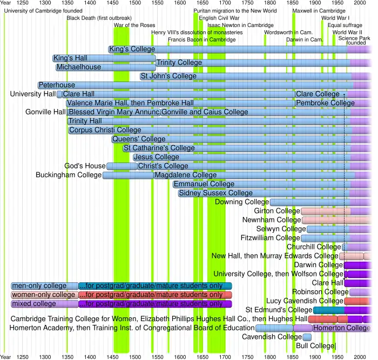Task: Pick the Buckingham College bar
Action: tap(127, 175)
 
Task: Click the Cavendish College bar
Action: tap(307, 337)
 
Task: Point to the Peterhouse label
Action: tap(56, 85)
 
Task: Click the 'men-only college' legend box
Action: tap(44, 286)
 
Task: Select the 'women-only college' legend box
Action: tap(44, 295)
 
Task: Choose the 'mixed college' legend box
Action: tap(44, 304)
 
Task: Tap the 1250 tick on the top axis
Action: tap(22, 3)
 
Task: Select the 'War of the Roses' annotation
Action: tap(134, 25)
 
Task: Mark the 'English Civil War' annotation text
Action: tap(219, 18)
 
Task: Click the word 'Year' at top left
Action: tap(5, 3)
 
